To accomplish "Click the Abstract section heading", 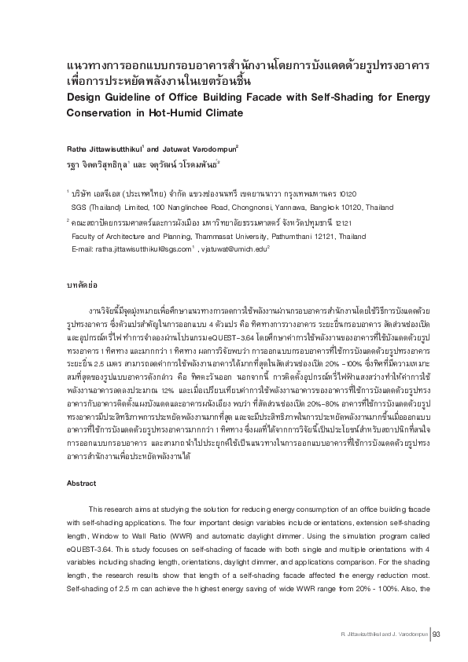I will coord(82,462).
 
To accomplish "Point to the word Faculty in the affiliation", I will coord(85,235).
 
